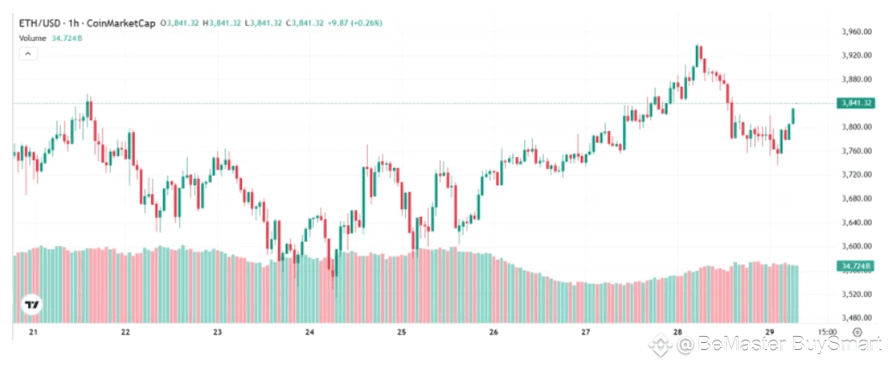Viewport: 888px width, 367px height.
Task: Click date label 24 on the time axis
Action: tap(310, 333)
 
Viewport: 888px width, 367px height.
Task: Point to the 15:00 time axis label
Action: tap(827, 333)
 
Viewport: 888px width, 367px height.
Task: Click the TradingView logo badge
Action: tap(32, 304)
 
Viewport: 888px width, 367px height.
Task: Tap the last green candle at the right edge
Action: tap(794, 117)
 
